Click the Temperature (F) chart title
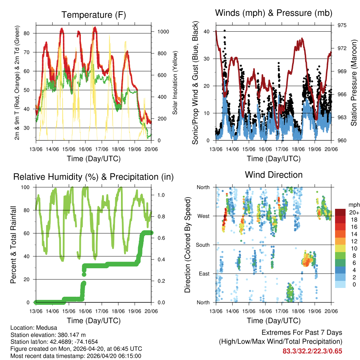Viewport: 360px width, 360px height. (94, 15)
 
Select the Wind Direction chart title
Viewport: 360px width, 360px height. (274, 175)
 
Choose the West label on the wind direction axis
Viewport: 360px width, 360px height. (204, 216)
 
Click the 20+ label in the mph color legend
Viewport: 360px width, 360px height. (354, 213)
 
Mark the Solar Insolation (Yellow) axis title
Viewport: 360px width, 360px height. (175, 83)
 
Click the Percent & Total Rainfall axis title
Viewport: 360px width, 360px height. (13, 245)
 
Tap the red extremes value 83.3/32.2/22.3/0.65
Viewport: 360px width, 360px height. (312, 351)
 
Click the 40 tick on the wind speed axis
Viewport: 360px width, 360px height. (207, 32)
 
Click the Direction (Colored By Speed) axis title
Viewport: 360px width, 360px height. (187, 245)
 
